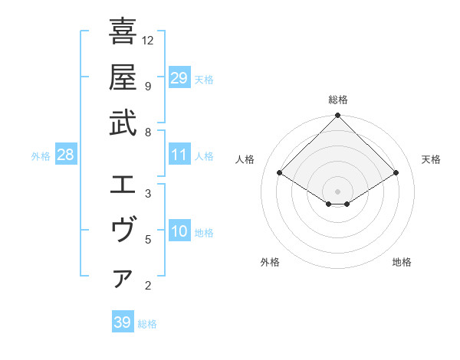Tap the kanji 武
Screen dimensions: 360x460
coord(123,123)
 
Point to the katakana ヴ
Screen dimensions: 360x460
coord(123,230)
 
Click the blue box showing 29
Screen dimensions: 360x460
coord(179,78)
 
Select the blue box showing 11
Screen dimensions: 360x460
coord(179,155)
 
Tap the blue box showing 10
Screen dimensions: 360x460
coord(179,232)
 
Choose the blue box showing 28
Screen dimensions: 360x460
coord(65,155)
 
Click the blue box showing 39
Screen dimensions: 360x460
coord(123,323)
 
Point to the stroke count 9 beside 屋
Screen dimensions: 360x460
coord(148,86)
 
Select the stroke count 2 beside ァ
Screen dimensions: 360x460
coord(148,286)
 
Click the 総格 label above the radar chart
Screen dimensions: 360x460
coord(338,100)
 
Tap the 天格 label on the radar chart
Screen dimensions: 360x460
coord(432,159)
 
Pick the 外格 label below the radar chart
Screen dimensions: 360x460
coord(270,263)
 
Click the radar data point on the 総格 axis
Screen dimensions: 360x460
coord(338,116)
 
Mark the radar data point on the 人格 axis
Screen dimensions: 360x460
coord(280,173)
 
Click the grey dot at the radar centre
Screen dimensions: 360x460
coord(338,191)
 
